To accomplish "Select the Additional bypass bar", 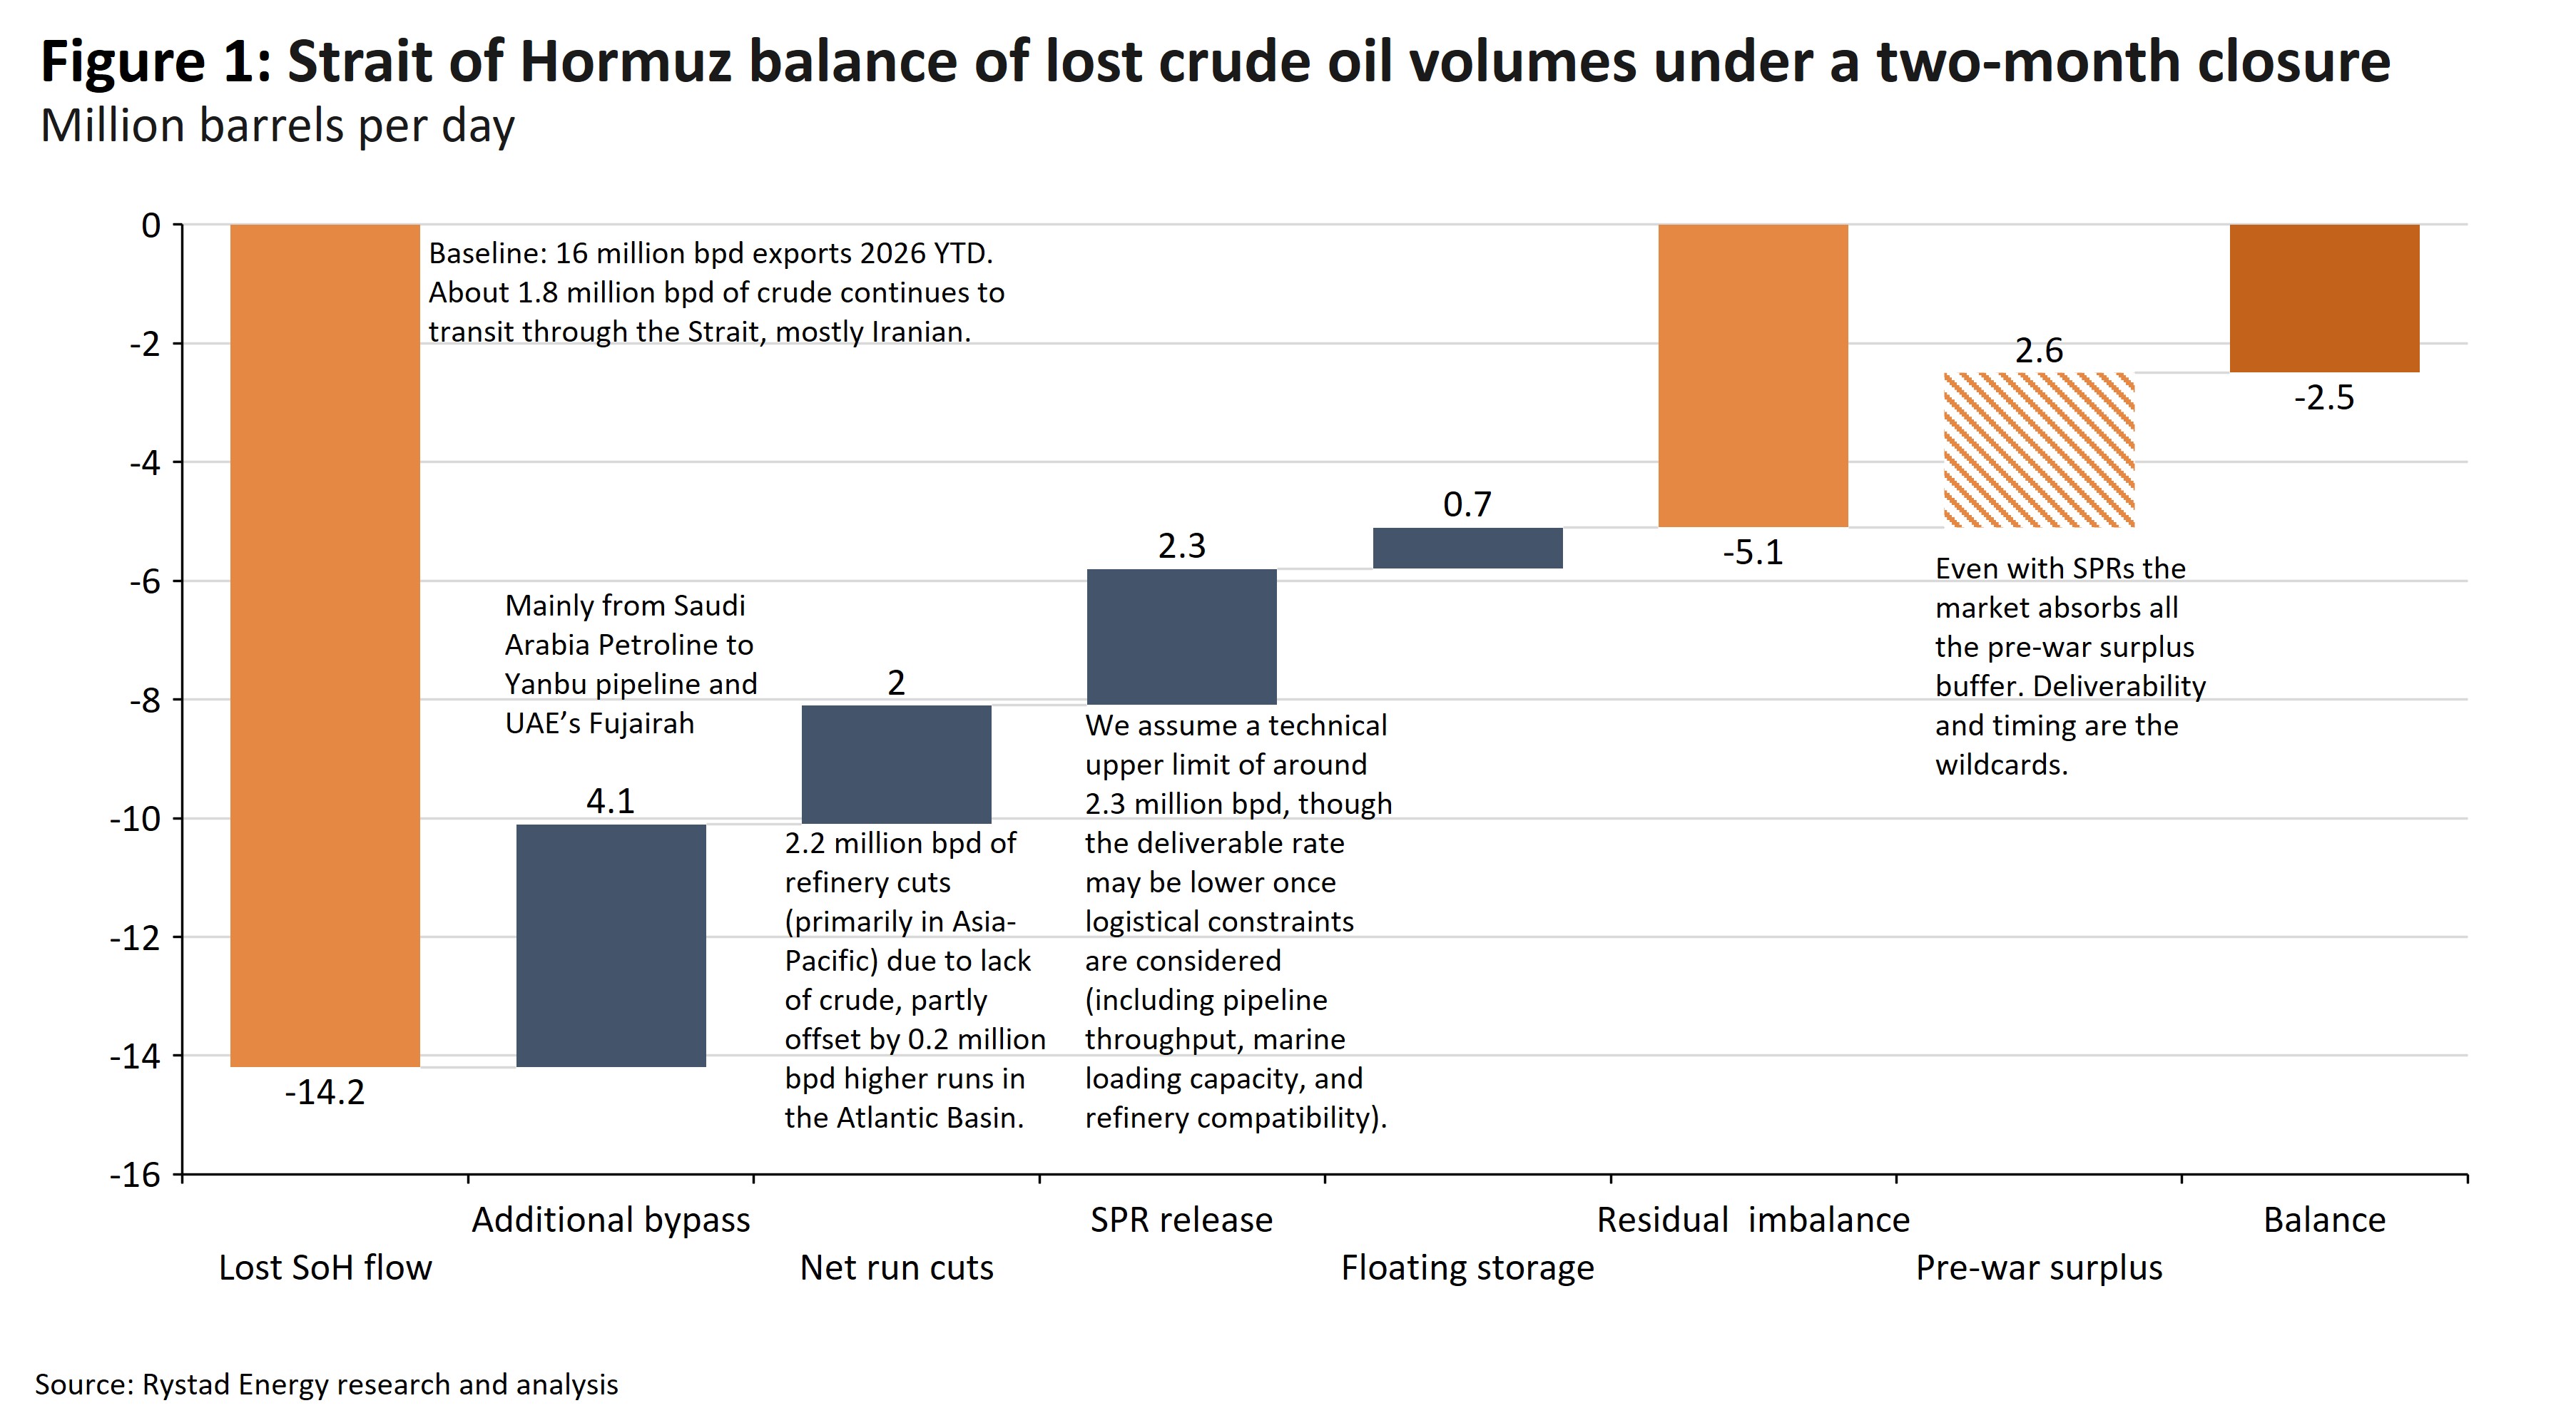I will coord(611,945).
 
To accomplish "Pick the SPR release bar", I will coord(1181,636).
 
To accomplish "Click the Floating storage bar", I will coord(1467,548).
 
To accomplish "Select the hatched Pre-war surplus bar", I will coord(2039,450).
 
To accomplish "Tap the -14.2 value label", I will coord(325,1093).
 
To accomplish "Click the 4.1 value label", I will coord(611,800).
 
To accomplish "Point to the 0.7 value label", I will coord(1467,505).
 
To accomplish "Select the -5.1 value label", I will coord(1753,553).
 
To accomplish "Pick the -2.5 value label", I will coord(2324,398).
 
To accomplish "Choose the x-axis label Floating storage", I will coord(1467,1268).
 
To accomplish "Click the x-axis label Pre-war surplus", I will coord(2039,1268).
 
